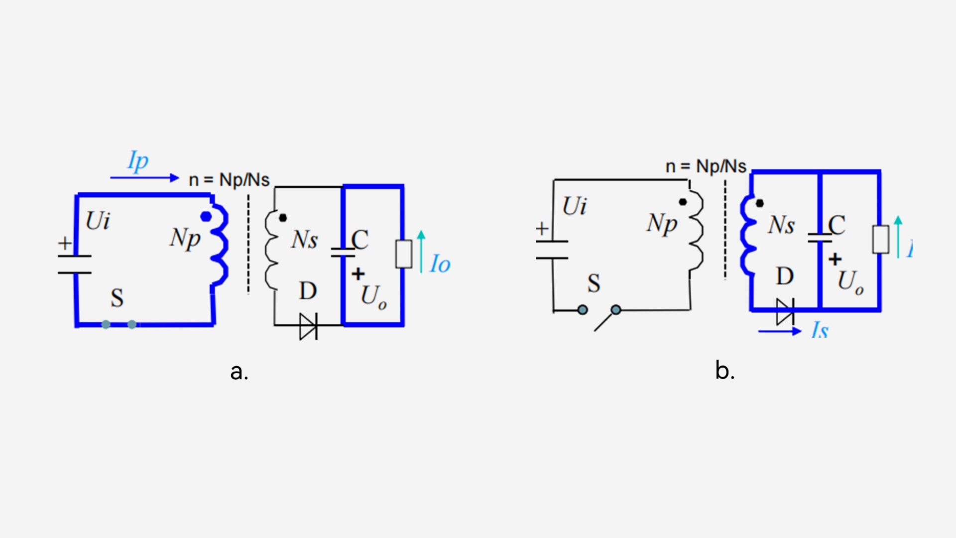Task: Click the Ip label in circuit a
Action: pos(138,161)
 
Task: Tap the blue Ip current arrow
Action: pos(144,178)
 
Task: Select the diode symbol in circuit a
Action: pos(308,326)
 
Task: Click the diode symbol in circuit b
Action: pos(785,312)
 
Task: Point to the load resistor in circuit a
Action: pos(403,254)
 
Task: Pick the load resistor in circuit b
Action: pos(880,240)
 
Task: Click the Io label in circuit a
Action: pos(440,264)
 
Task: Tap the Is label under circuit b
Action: pos(820,330)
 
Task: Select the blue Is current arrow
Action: pos(779,331)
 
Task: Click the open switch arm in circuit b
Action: pos(605,320)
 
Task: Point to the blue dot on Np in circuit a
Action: pos(206,217)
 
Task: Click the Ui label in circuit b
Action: pos(575,206)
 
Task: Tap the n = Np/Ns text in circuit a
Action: pos(229,180)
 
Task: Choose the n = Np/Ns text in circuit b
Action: pos(706,166)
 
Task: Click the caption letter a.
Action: pos(239,371)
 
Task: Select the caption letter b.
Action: pos(724,371)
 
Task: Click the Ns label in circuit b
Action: pos(781,225)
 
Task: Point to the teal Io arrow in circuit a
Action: pos(421,252)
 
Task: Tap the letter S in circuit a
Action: pos(117,298)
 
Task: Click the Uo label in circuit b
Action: pos(850,282)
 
